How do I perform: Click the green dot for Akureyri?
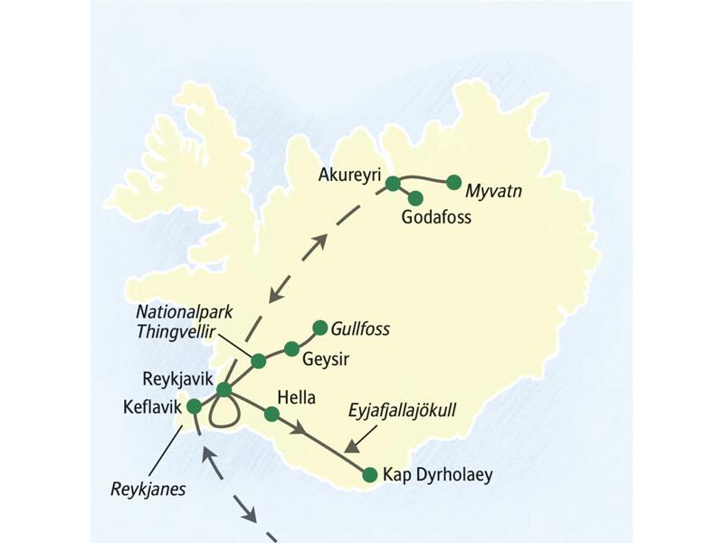pos(393,184)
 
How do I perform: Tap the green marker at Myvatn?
pos(454,182)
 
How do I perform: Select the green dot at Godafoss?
pos(416,197)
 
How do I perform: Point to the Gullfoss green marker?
pos(319,327)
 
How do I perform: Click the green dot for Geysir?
pos(291,348)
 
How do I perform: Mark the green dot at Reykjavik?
pos(224,390)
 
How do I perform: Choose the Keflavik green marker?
pos(193,407)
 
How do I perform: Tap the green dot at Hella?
pos(271,414)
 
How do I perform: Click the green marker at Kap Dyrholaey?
pos(369,474)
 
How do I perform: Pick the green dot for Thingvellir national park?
pos(258,360)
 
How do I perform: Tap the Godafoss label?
pos(437,217)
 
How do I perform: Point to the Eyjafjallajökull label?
pos(402,411)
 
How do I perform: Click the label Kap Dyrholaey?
pos(438,474)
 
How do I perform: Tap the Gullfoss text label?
pos(360,329)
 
